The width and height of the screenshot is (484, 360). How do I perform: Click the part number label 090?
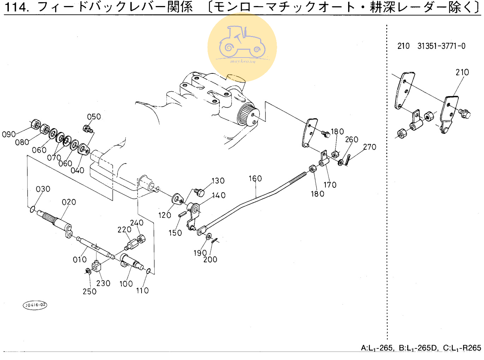9,134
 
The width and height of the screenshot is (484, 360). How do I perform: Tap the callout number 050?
94,117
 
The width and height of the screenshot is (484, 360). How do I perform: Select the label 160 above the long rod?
255,179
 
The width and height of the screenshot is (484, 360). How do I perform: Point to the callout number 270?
370,147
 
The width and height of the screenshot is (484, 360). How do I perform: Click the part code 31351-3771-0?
441,46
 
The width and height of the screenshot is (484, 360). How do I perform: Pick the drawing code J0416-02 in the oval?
35,305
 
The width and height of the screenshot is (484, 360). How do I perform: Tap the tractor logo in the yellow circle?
242,43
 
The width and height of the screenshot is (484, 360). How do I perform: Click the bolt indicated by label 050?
88,129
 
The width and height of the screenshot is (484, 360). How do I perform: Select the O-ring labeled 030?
32,209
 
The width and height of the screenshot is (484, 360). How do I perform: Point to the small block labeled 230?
96,266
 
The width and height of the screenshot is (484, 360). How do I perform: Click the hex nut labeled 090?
35,124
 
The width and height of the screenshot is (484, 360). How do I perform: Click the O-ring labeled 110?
148,271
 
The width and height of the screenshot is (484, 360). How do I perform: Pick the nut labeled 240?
142,239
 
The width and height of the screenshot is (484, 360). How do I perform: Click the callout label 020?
69,202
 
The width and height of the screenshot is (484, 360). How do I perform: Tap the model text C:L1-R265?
462,348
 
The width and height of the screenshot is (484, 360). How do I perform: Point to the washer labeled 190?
208,236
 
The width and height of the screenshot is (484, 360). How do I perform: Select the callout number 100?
126,284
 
